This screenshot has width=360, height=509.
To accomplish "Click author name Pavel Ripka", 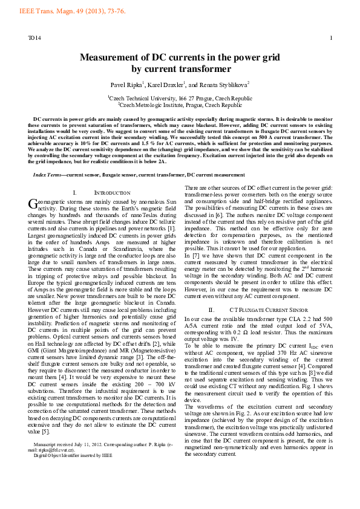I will point(126,85).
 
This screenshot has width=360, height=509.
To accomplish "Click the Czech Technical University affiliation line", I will point(180,98).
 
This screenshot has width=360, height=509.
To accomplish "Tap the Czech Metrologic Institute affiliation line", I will point(180,105).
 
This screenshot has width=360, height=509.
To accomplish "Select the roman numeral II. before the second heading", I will point(212,293).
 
